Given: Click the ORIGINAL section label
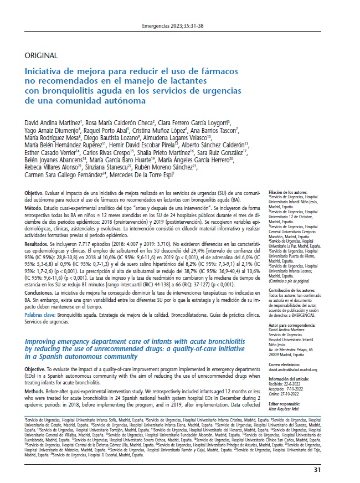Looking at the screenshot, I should [x=42, y=55].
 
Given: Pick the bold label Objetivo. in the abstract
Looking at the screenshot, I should [x=37, y=192].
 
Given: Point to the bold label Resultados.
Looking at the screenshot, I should [x=40, y=243].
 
